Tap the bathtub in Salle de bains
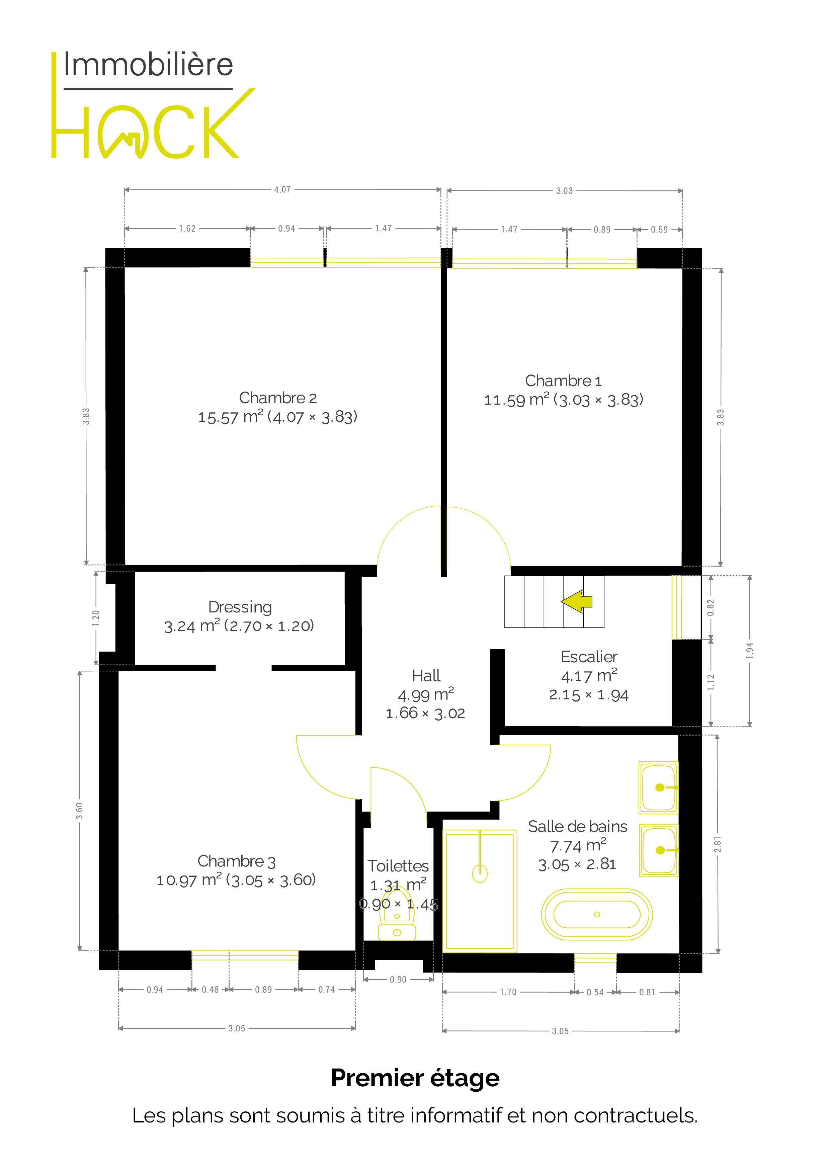(597, 914)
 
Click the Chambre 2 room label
(278, 398)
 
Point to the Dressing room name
(240, 607)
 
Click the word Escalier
(589, 657)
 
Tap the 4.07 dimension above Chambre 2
(282, 190)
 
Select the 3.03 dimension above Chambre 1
(565, 191)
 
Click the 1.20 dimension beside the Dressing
(96, 618)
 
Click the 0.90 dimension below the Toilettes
(398, 980)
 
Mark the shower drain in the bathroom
(480, 874)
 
